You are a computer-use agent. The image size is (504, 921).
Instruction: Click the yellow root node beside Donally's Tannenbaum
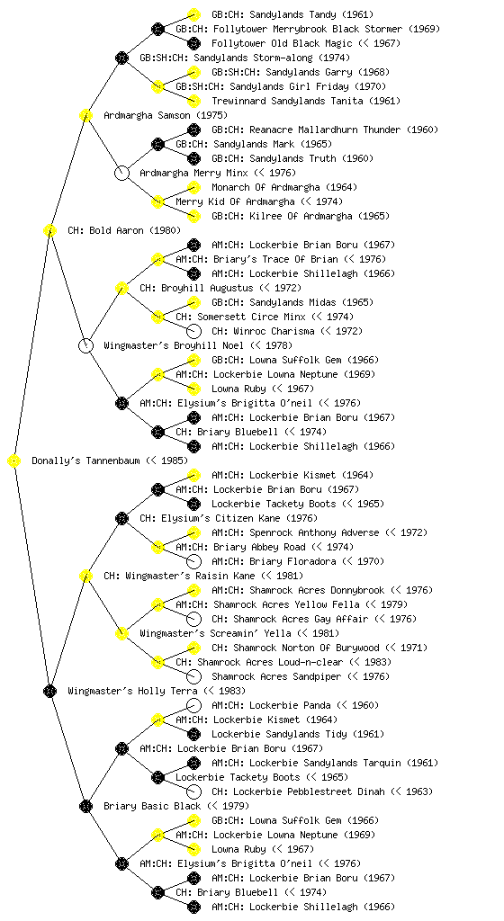[x=14, y=461]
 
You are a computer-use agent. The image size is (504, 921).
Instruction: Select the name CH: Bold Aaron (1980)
[x=124, y=231]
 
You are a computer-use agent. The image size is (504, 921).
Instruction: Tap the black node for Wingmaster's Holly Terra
[x=49, y=692]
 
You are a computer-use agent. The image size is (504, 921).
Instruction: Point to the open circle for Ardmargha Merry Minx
[x=121, y=174]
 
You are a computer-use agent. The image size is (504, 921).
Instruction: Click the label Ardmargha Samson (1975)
[x=165, y=116]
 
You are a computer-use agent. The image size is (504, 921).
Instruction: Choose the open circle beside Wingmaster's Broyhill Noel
[x=85, y=346]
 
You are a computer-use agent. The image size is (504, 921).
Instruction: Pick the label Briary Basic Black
[x=152, y=807]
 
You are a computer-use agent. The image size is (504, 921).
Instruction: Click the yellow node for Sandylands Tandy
[x=193, y=14]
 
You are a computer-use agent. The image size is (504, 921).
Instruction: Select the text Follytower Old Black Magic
[x=282, y=43]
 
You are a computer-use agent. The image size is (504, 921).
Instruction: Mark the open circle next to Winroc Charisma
[x=193, y=331]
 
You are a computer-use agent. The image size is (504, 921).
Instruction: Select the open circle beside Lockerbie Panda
[x=193, y=705]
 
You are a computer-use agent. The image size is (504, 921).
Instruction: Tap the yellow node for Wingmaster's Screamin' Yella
[x=121, y=634]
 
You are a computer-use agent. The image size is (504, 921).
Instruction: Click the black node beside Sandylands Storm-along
[x=121, y=58]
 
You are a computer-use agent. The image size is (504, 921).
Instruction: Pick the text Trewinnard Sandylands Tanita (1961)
[x=306, y=101]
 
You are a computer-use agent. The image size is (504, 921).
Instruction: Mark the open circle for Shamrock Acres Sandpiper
[x=193, y=676]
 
